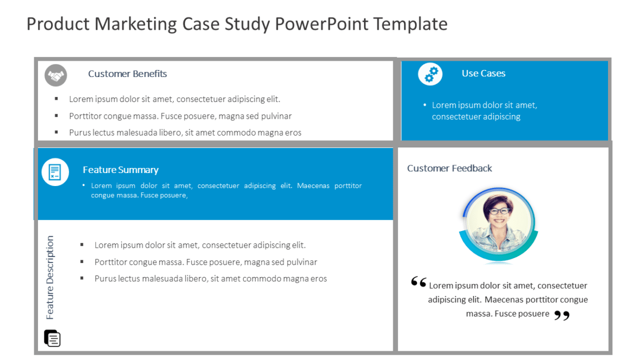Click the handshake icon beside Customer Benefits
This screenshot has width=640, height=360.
point(55,75)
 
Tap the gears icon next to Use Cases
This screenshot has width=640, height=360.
point(430,74)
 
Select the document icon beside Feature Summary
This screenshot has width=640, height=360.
point(55,172)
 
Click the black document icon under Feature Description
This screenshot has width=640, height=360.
point(52,338)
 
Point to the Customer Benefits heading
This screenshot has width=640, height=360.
point(127,74)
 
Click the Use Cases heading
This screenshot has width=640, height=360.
point(483,73)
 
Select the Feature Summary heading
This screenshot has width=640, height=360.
point(120,170)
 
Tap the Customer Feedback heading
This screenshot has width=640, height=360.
point(450,168)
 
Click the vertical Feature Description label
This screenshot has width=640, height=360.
point(50,277)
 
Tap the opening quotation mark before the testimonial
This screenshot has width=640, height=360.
point(418,282)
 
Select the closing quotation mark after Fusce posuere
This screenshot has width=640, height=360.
point(562,315)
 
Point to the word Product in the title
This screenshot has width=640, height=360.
point(58,24)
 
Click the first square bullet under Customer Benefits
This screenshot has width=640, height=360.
point(56,99)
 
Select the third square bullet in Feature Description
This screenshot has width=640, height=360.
point(82,279)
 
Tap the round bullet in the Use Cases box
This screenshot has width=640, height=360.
point(425,105)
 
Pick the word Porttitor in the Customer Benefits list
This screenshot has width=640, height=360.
point(87,116)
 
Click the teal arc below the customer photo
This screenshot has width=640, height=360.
point(498,255)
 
